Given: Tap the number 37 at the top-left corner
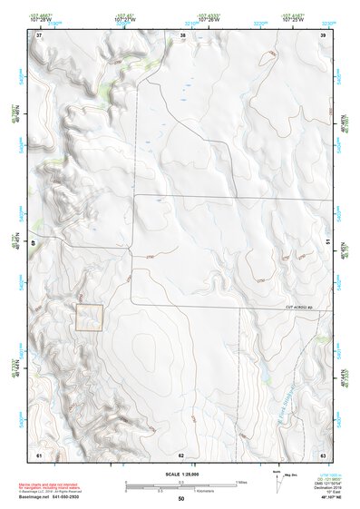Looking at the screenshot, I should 39,35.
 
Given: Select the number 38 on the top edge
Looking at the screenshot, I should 183,35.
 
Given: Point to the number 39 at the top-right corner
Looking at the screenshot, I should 324,35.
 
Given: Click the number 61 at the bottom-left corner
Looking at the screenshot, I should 39,454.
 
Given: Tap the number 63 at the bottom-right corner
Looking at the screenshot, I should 324,454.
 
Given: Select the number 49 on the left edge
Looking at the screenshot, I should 35,242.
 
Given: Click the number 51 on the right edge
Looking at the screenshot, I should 327,242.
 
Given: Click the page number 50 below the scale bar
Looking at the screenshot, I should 181,500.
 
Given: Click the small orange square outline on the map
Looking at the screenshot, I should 89,317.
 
